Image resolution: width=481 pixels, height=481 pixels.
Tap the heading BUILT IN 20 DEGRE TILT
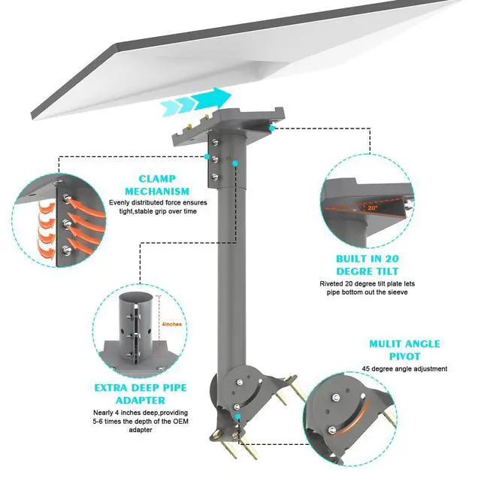[x=368, y=264]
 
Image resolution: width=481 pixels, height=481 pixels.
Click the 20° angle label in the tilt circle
[x=374, y=208]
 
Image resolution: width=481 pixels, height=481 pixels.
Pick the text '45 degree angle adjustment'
[x=404, y=369]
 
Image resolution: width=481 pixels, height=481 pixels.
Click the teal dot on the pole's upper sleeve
[x=235, y=162]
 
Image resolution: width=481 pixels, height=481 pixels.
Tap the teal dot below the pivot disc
[x=238, y=414]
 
